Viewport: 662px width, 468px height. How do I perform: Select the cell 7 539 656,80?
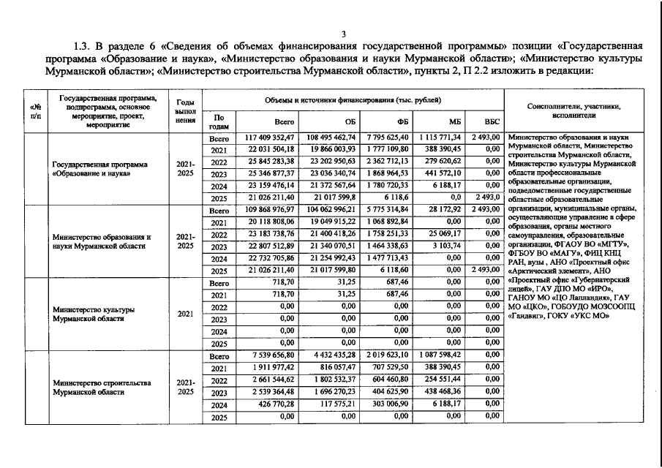[274, 356]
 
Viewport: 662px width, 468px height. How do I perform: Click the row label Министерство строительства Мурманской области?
[102, 387]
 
